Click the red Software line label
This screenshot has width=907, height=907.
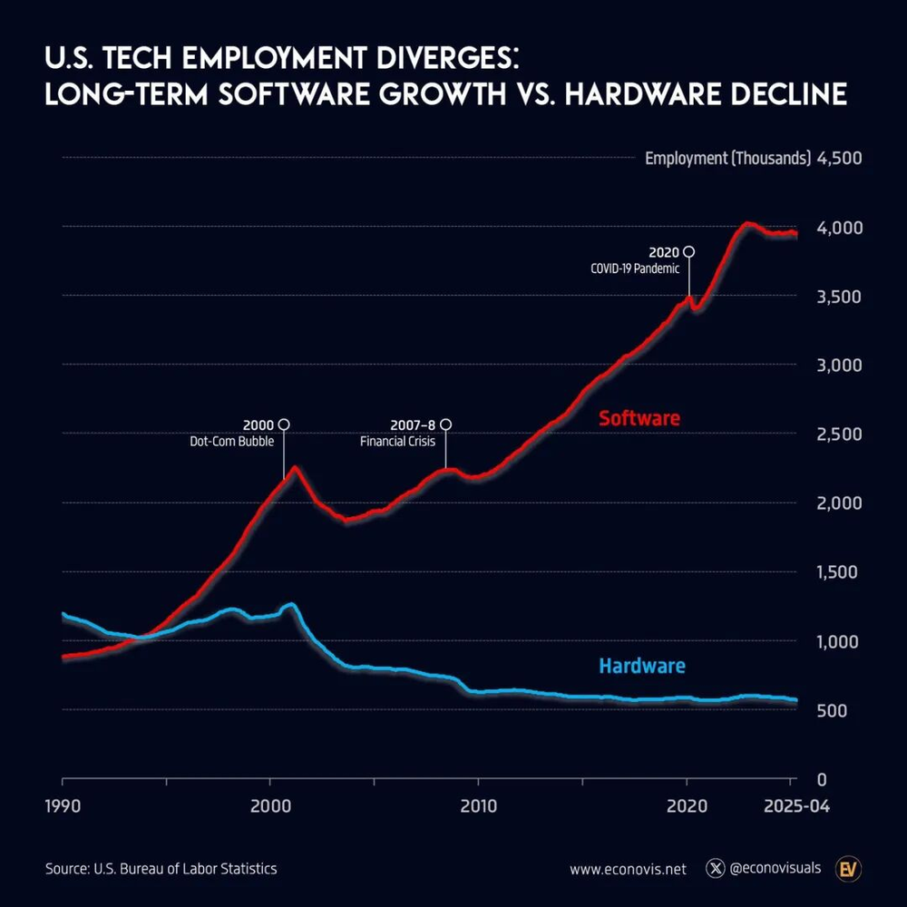pos(639,419)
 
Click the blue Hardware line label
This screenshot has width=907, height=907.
pos(642,667)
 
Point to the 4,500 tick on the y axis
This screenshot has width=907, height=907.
pos(839,158)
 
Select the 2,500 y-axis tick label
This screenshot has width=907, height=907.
pos(839,434)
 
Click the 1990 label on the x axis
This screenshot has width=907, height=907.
pos(63,805)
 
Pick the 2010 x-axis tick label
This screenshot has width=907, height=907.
pos(477,805)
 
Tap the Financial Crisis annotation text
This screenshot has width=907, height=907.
pos(397,442)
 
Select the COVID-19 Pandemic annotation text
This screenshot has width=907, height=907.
pos(635,268)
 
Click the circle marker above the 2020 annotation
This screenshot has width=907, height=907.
pos(689,251)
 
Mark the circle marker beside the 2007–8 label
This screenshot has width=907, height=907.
pos(445,424)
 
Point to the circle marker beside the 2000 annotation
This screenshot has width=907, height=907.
pos(284,424)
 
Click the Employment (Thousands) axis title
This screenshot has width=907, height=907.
pos(727,158)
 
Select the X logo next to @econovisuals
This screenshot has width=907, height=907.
pos(717,869)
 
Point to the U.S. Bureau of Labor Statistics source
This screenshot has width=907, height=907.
pos(185,869)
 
